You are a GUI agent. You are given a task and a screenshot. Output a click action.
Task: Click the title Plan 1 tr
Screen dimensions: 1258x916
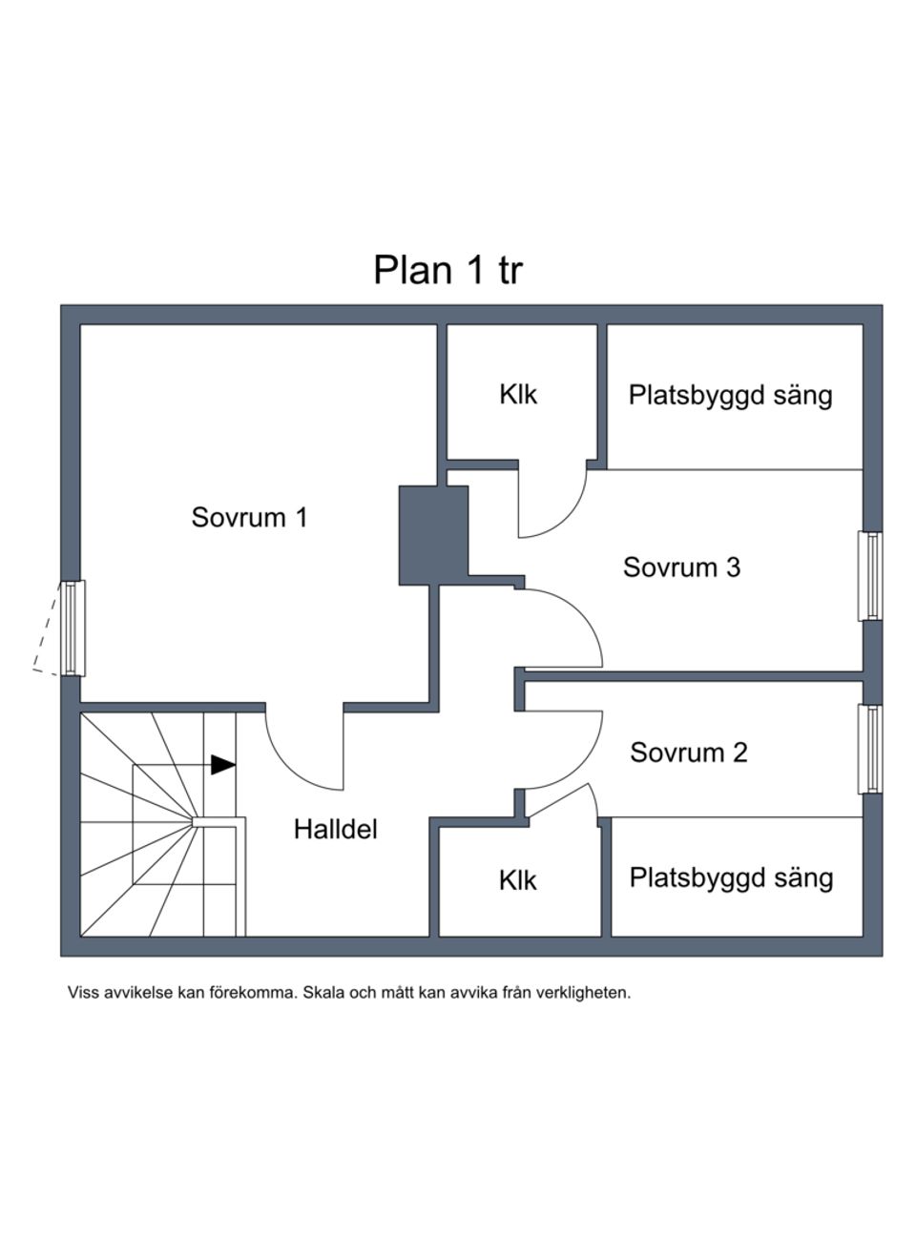tap(448, 270)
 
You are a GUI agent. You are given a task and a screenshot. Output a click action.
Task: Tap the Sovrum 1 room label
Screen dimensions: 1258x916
tap(249, 517)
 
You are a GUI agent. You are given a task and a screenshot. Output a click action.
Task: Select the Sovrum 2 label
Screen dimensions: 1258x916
tap(688, 753)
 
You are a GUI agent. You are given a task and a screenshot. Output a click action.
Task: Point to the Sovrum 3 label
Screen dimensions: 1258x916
tap(681, 567)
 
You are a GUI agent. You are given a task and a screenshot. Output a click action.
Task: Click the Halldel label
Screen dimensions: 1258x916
tap(335, 829)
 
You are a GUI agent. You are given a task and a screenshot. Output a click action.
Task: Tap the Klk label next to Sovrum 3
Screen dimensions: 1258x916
tap(518, 394)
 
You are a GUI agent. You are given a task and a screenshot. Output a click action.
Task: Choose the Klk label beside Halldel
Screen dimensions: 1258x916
tap(518, 880)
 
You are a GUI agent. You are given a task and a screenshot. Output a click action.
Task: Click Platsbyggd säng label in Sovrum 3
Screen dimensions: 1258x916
tap(730, 395)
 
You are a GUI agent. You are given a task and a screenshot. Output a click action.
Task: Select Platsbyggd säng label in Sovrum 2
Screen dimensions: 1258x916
tap(731, 877)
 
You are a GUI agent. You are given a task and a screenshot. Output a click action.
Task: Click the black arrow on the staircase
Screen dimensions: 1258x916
tap(222, 765)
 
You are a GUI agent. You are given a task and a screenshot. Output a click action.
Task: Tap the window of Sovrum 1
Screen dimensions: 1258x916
tap(72, 628)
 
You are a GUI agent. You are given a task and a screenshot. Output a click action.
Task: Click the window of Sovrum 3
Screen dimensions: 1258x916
tap(870, 575)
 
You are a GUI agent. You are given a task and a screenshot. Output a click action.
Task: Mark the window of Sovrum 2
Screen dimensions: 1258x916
tap(869, 749)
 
